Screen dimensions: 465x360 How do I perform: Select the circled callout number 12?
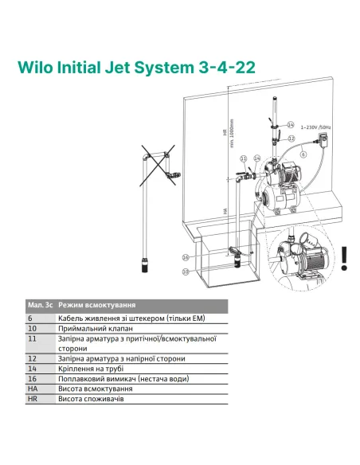tap(292, 138)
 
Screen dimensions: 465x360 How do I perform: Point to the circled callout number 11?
tap(244, 158)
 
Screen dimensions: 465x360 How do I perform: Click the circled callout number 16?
tap(185, 258)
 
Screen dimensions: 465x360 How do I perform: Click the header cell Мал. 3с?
tap(40, 305)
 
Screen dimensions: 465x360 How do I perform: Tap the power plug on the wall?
tap(326, 142)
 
